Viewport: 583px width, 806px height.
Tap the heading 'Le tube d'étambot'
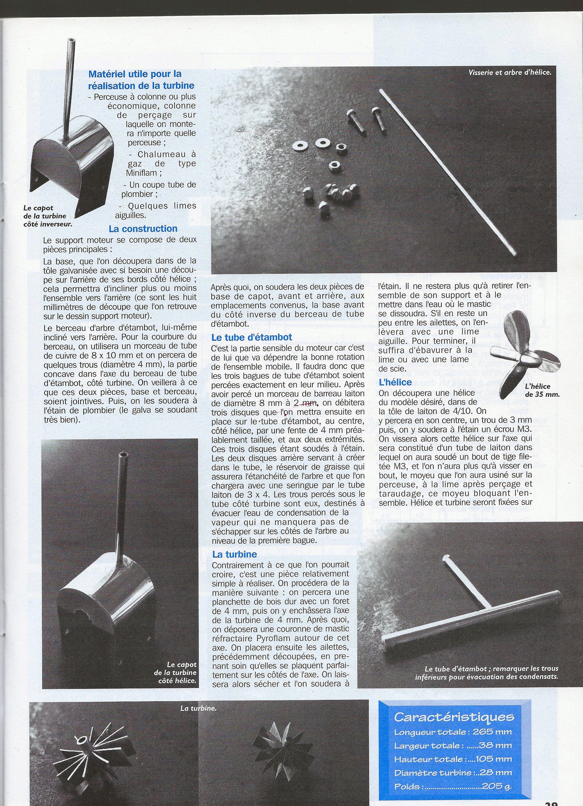click(252, 337)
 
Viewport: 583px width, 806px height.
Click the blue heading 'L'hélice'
click(395, 382)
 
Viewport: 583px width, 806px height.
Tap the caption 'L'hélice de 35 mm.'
click(542, 390)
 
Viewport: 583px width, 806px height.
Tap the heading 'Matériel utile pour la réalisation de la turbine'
click(141, 80)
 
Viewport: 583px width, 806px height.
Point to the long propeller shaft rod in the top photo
click(448, 172)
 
